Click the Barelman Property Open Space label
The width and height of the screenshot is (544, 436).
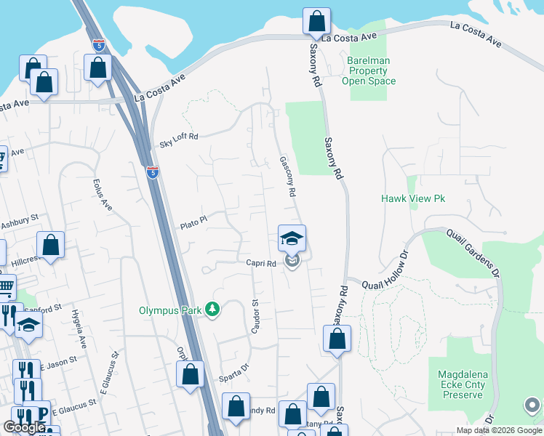(x=369, y=70)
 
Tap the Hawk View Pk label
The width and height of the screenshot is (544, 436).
(x=412, y=198)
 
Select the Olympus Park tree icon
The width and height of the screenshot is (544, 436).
(x=212, y=310)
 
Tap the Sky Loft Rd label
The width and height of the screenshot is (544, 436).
(x=178, y=140)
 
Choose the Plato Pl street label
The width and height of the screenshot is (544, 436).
(x=194, y=222)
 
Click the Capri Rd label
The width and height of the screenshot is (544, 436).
(x=260, y=264)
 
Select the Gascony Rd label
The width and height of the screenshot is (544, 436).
(x=288, y=177)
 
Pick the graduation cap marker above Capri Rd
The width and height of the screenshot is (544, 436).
(x=292, y=238)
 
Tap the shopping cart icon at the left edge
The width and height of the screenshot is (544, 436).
(x=5, y=288)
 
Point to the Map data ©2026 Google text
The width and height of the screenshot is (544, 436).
(x=500, y=430)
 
